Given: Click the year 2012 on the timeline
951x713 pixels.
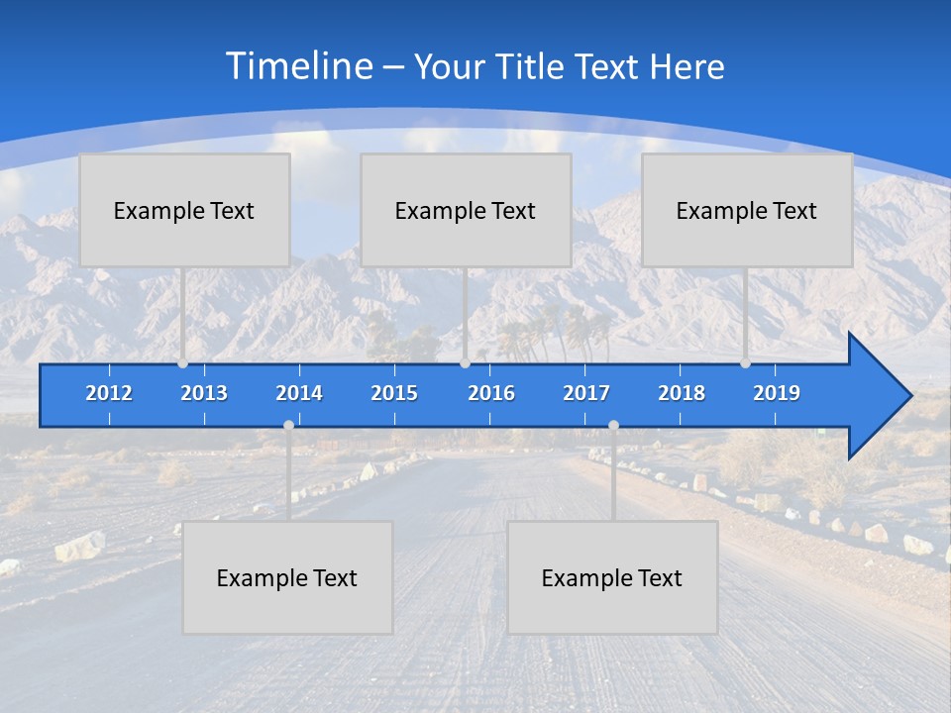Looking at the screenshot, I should [109, 393].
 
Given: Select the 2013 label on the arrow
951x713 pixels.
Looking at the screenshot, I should [204, 393].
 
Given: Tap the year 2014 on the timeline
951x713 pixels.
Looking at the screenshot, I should [299, 393].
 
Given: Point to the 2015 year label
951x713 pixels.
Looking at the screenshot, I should [394, 393].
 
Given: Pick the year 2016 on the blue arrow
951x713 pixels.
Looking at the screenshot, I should [491, 393].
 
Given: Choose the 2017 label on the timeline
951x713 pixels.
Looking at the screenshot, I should [586, 393].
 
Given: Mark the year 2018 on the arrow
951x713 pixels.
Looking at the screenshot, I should [682, 393].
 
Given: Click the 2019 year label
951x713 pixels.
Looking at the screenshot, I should [777, 393].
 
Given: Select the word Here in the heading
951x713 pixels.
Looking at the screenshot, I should [687, 67].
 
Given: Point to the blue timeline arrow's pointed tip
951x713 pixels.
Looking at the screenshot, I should [909, 396].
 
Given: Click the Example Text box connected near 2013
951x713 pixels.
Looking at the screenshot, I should [184, 210].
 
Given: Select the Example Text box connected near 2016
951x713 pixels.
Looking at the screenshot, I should [466, 210].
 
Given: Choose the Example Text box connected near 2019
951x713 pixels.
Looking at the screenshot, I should [747, 210].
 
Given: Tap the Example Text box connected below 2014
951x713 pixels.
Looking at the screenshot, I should [287, 577].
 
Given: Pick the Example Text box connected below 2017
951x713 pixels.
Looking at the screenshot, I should [612, 577].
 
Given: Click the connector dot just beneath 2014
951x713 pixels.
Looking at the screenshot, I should [288, 425].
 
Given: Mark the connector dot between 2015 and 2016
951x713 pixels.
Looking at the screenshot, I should [465, 363].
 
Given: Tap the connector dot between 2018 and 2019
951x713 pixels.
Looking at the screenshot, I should [745, 363].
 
